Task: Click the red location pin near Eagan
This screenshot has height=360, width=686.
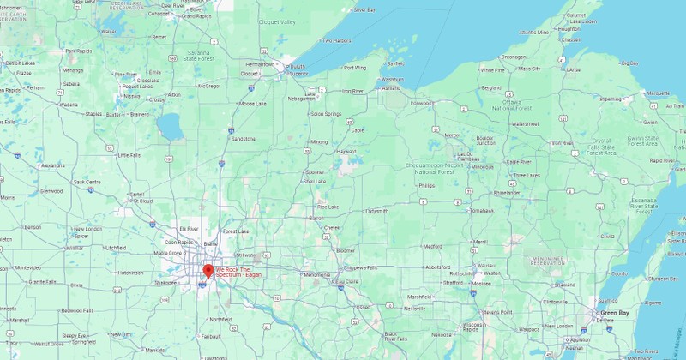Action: (207, 271)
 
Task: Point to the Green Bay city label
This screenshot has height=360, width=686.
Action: (614, 313)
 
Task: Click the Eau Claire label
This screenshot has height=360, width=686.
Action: (346, 281)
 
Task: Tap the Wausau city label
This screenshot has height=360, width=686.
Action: (487, 266)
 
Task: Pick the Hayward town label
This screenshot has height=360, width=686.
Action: (346, 152)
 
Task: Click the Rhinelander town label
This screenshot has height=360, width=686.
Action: (507, 193)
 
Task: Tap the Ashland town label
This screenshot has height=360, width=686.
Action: (391, 88)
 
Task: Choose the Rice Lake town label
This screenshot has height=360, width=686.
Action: (328, 207)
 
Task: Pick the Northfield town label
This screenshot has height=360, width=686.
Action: (221, 319)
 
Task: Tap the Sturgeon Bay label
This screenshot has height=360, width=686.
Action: (661, 279)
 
